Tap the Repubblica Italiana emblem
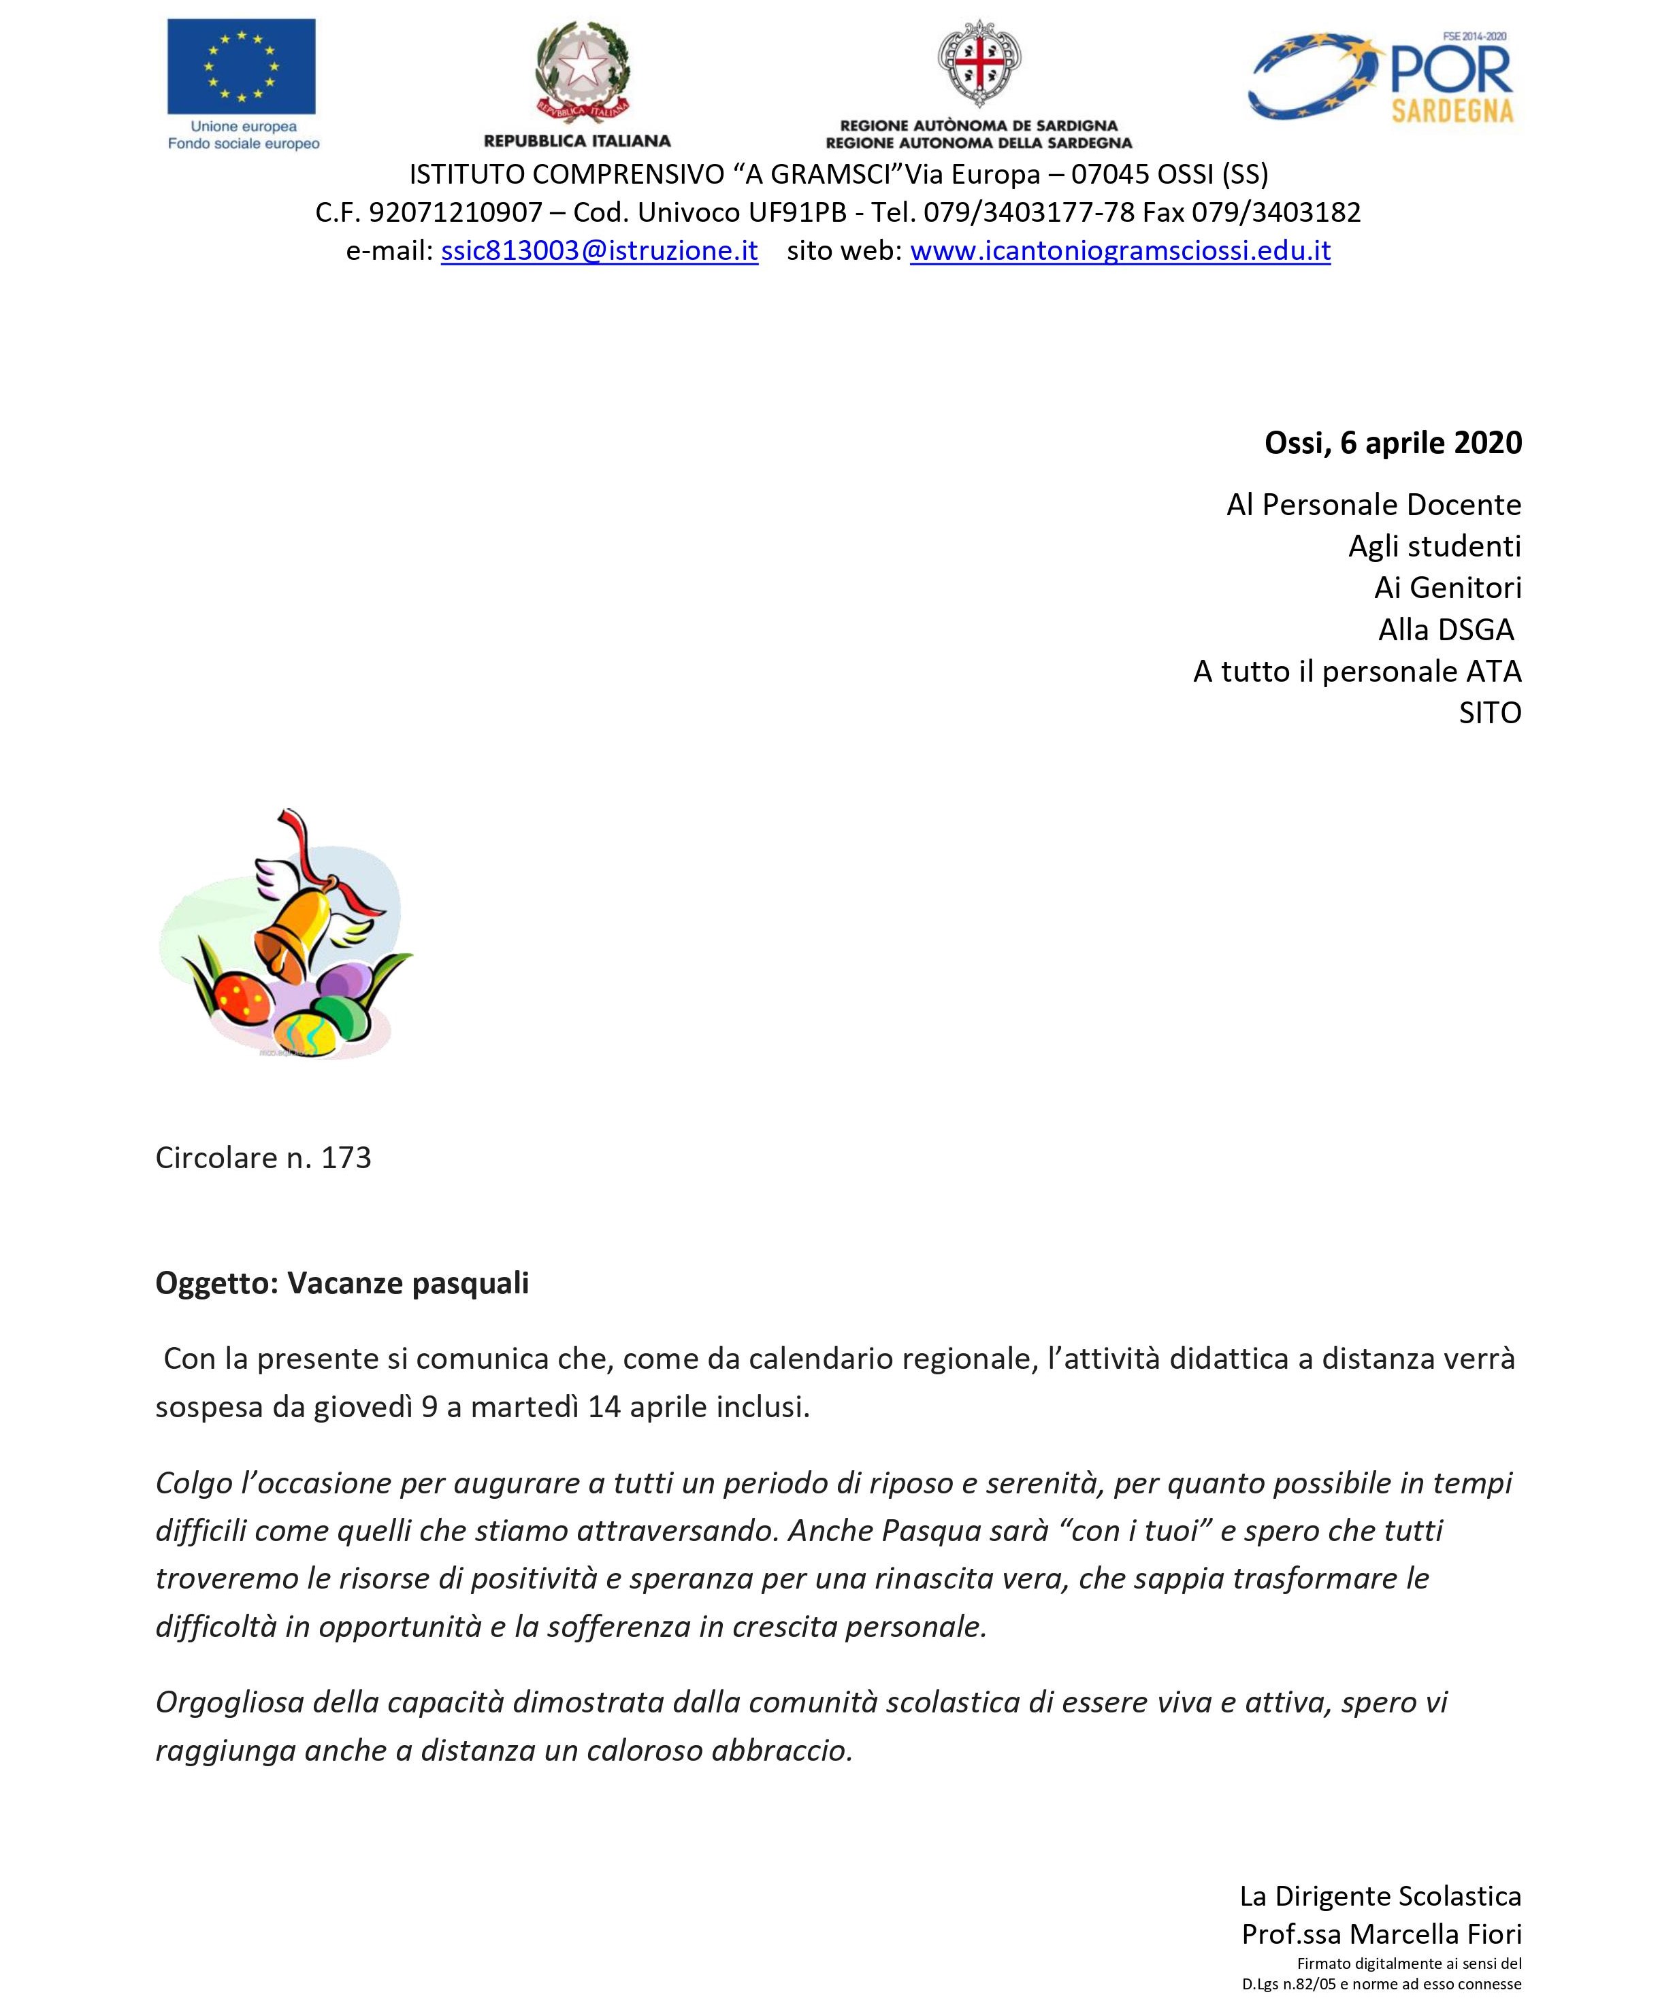point(581,71)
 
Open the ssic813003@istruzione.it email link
point(599,251)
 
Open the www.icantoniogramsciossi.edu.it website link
point(1119,251)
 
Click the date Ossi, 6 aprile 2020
point(1393,443)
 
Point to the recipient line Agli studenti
point(1434,546)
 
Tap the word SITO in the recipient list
point(1490,713)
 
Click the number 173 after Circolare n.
point(346,1158)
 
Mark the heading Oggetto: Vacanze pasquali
point(342,1283)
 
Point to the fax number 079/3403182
point(1276,212)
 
